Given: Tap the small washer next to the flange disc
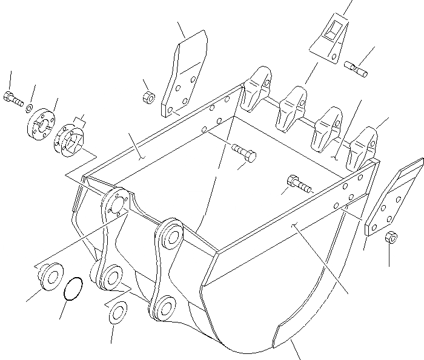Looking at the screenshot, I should click(29, 108).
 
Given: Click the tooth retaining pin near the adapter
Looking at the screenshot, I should click(356, 68).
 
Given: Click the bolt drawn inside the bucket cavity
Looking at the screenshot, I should click(243, 152).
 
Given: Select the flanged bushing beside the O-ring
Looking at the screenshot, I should click(47, 277).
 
